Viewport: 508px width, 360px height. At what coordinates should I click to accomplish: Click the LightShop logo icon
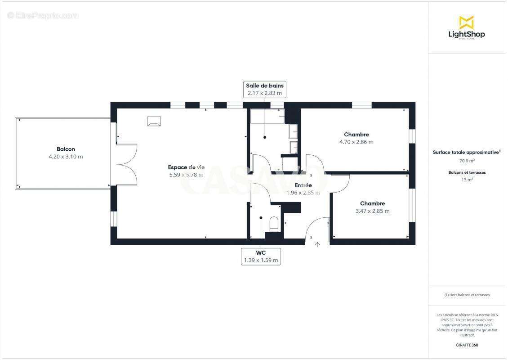click(x=466, y=22)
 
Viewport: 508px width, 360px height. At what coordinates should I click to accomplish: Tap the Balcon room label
click(x=66, y=149)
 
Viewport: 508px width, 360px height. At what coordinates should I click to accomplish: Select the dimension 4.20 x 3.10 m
click(x=66, y=157)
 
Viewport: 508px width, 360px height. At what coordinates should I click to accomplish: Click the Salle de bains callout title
click(x=265, y=85)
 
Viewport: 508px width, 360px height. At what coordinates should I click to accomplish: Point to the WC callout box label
click(x=261, y=252)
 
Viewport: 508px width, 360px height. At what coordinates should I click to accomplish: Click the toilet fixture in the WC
click(x=274, y=224)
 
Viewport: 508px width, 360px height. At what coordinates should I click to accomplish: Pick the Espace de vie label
click(x=186, y=167)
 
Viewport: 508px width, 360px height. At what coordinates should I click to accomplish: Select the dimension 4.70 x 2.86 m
click(x=356, y=142)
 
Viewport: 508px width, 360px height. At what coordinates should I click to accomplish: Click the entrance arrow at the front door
click(x=317, y=244)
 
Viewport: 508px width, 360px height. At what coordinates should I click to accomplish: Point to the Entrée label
click(x=303, y=185)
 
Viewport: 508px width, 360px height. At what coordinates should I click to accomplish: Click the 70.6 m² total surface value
click(x=467, y=160)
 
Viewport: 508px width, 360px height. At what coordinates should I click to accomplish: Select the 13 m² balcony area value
click(x=467, y=180)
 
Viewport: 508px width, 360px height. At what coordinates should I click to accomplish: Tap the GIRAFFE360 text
click(x=467, y=345)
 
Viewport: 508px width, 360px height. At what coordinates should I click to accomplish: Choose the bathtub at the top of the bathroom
click(x=267, y=116)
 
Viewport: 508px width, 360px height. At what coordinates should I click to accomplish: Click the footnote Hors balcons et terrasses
click(x=467, y=295)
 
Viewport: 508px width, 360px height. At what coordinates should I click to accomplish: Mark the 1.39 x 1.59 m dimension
click(x=261, y=260)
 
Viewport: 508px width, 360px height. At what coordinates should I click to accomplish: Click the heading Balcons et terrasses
click(x=467, y=172)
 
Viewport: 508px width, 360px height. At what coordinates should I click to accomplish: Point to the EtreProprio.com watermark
click(x=43, y=15)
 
